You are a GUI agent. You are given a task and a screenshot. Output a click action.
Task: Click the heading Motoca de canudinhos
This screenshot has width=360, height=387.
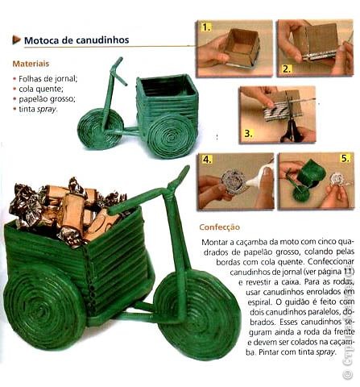pyautogui.click(x=77, y=40)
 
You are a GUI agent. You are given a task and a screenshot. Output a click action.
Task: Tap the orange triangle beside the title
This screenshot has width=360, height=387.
pyautogui.click(x=16, y=40)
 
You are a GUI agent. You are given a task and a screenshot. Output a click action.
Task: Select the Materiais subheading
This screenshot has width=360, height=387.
pyautogui.click(x=31, y=64)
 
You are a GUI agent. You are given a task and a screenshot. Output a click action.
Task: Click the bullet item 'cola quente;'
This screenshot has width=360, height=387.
pyautogui.click(x=41, y=89)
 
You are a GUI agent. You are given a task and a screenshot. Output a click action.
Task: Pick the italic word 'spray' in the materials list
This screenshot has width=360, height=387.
pyautogui.click(x=47, y=110)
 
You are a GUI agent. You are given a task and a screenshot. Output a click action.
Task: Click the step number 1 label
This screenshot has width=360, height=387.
pyautogui.click(x=206, y=27)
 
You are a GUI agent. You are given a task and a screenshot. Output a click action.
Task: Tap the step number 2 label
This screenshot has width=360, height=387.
pyautogui.click(x=287, y=69)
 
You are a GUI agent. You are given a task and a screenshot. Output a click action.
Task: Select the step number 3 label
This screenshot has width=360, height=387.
pyautogui.click(x=248, y=133)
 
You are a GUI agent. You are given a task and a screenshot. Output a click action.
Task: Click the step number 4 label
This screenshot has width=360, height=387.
pyautogui.click(x=207, y=160)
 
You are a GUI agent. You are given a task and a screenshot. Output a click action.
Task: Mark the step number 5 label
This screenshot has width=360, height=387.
pyautogui.click(x=346, y=159)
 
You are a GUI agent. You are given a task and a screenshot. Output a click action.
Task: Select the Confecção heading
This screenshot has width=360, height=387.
pyautogui.click(x=220, y=227)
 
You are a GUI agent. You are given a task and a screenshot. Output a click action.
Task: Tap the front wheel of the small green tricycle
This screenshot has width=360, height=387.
pyautogui.click(x=101, y=128)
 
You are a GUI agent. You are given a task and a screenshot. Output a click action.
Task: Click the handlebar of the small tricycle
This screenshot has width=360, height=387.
pyautogui.click(x=118, y=70)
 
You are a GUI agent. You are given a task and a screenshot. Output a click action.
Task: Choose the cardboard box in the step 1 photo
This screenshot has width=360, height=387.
pyautogui.click(x=242, y=47)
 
